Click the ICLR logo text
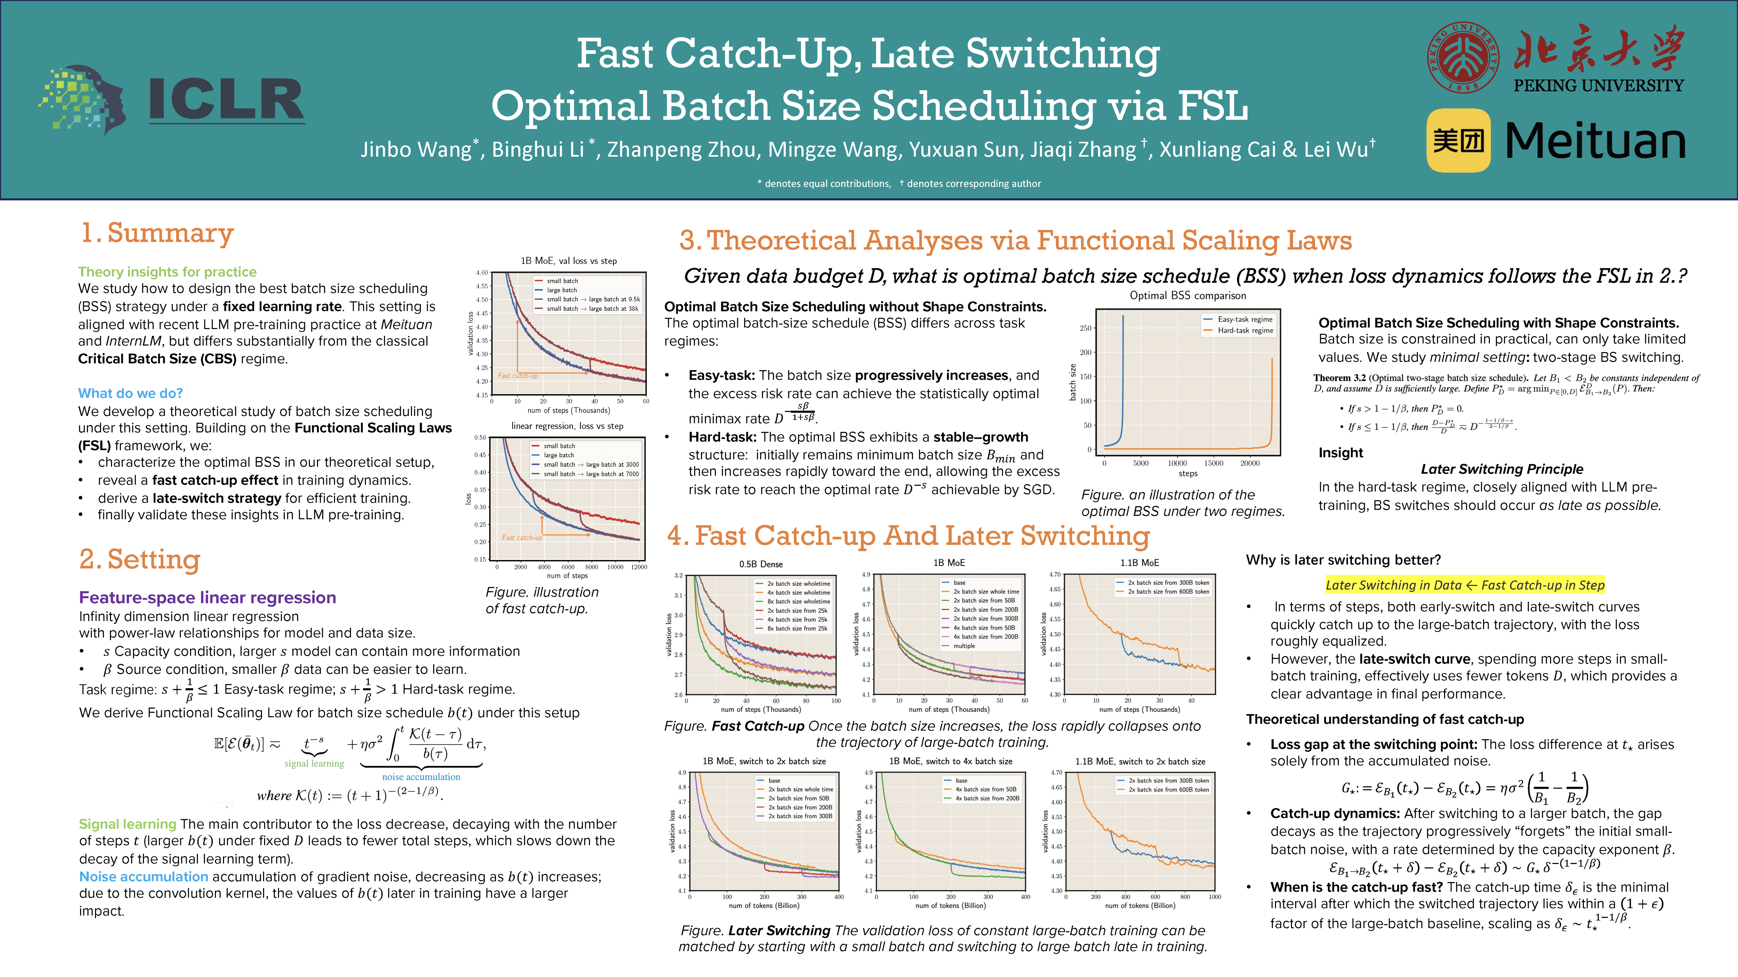226,101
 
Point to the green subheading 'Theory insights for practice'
167,272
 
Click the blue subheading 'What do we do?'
130,393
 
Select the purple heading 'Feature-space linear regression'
207,597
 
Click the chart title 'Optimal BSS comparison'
1187,295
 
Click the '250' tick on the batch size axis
1085,328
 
